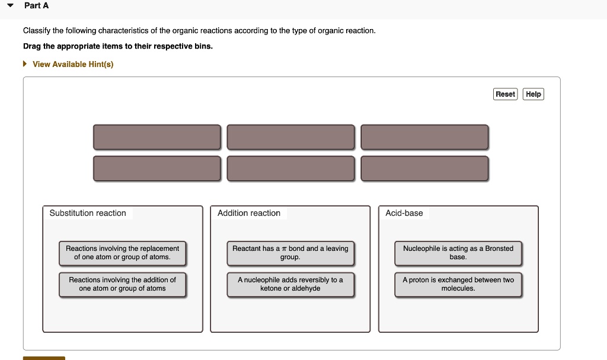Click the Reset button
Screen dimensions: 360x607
pyautogui.click(x=505, y=94)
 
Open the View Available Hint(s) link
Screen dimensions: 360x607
pyautogui.click(x=72, y=64)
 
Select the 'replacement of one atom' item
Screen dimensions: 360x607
pyautogui.click(x=122, y=253)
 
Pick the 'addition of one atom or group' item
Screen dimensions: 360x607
pyautogui.click(x=122, y=284)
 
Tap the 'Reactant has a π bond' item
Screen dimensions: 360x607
pyautogui.click(x=290, y=253)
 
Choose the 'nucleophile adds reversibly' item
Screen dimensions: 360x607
pyautogui.click(x=290, y=284)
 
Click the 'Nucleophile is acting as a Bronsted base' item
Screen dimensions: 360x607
pyautogui.click(x=458, y=253)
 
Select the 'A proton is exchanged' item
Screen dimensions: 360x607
pyautogui.click(x=458, y=284)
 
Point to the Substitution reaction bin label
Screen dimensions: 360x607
pyautogui.click(x=88, y=213)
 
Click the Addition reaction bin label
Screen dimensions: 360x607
pyautogui.click(x=249, y=213)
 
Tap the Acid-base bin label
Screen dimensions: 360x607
pyautogui.click(x=404, y=213)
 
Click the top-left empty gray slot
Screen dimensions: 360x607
pyautogui.click(x=156, y=137)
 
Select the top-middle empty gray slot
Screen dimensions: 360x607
pyautogui.click(x=290, y=137)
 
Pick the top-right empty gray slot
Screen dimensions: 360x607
pyautogui.click(x=424, y=137)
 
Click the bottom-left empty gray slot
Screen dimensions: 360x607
pyautogui.click(x=156, y=168)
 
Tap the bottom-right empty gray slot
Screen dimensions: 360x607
pyautogui.click(x=424, y=168)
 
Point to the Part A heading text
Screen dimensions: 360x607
pyautogui.click(x=37, y=5)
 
